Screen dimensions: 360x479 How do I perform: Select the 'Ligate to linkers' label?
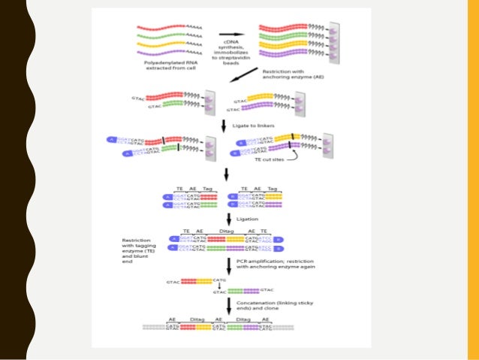pyautogui.click(x=255, y=125)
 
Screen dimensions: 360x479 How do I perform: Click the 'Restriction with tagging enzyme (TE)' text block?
pyautogui.click(x=143, y=250)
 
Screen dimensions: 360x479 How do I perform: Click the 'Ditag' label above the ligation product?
pyautogui.click(x=224, y=231)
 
